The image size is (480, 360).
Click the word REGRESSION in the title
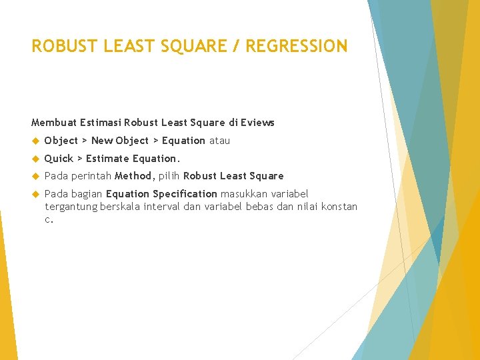297,46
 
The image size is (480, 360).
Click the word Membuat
53,123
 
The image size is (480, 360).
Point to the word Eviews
259,123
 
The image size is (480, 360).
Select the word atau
219,141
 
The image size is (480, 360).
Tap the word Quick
58,159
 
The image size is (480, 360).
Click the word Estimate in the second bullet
107,159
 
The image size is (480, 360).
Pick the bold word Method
134,176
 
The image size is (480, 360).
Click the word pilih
169,176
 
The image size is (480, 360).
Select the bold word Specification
185,194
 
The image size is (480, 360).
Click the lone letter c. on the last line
48,219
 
